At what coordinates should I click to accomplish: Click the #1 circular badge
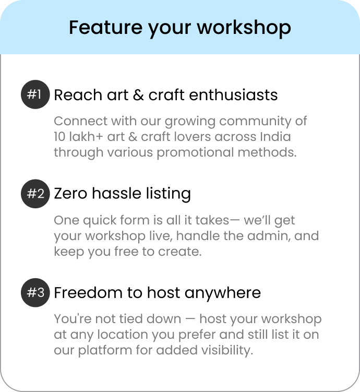[35, 94]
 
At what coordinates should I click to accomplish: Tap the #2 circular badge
[35, 194]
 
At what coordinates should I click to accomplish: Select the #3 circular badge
[35, 293]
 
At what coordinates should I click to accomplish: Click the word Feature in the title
[106, 27]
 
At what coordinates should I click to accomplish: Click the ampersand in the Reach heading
[138, 95]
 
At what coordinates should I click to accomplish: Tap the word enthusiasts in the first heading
[233, 95]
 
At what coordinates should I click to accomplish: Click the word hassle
[117, 193]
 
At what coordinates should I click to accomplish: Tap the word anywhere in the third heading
[223, 293]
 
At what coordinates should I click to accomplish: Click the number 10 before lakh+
[59, 137]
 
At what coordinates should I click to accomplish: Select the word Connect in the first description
[81, 121]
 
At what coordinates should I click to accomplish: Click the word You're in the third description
[73, 319]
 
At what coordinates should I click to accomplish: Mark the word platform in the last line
[105, 350]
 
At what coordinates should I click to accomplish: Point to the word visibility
[227, 350]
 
